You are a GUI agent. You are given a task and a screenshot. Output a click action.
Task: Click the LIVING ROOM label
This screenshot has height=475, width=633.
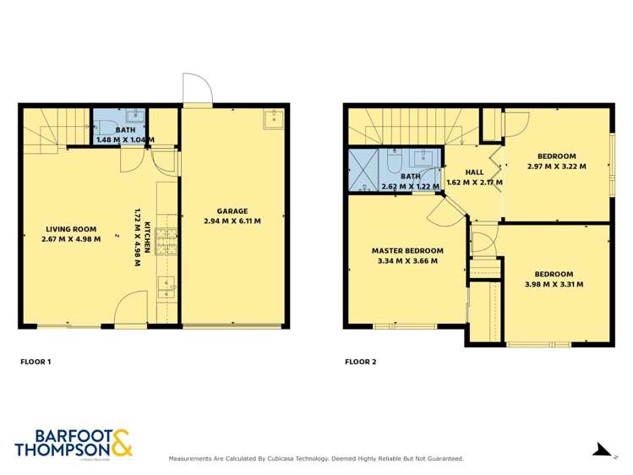pyautogui.click(x=72, y=229)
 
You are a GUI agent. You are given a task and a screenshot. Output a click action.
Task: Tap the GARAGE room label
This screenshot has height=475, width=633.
pyautogui.click(x=232, y=211)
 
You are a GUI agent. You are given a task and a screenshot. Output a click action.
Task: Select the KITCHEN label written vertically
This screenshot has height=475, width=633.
pyautogui.click(x=146, y=237)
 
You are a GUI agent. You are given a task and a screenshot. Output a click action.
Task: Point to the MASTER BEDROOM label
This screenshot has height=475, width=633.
pyautogui.click(x=407, y=250)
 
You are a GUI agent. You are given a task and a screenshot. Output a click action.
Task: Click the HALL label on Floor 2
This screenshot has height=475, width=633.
pyautogui.click(x=474, y=172)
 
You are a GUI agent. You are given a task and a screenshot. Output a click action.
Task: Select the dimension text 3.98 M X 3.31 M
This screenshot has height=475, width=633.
pyautogui.click(x=554, y=285)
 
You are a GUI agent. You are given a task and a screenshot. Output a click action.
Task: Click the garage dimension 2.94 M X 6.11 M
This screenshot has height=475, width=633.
pyautogui.click(x=232, y=221)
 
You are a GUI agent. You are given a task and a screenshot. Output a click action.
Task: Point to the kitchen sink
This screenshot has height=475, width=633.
pyautogui.click(x=167, y=285)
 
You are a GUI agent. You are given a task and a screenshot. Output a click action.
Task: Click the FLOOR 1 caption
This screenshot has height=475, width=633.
pyautogui.click(x=35, y=362)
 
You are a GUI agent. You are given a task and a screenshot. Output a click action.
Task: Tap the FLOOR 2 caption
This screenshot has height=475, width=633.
pyautogui.click(x=360, y=362)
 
